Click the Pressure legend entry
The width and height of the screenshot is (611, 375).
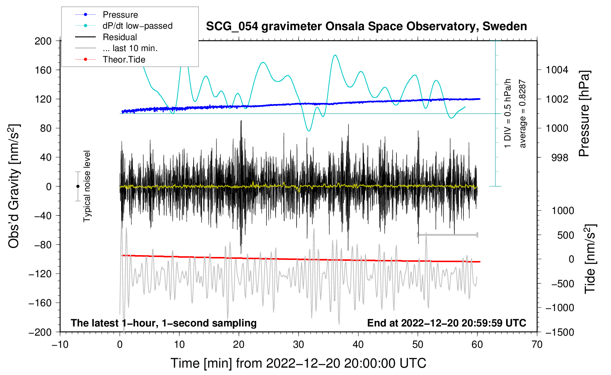coord(107,14)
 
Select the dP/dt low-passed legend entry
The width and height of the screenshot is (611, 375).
coord(124,26)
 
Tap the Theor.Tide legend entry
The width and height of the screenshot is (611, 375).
coord(110,60)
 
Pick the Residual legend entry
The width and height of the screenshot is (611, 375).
coord(106,37)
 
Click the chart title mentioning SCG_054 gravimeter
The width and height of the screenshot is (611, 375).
coord(366,26)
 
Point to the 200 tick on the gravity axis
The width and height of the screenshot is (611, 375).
coord(43,41)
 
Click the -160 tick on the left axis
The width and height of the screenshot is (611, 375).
coord(40,303)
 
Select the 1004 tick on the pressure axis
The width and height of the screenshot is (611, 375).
coord(557,70)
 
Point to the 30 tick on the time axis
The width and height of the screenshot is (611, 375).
coord(299,344)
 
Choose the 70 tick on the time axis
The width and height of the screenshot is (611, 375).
coord(537,344)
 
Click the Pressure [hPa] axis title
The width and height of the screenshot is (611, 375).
coord(584,114)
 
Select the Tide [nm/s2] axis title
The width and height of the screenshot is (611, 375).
coord(590,259)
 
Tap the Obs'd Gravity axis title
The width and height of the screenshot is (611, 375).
coord(14,186)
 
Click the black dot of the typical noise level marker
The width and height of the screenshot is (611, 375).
coord(78,186)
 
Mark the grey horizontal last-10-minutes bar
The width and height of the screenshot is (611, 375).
coord(447,235)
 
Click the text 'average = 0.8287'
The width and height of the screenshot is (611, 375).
coord(522,114)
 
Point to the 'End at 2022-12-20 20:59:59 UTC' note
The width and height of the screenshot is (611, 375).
coord(446,323)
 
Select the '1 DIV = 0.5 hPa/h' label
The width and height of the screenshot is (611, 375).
coord(507,114)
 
